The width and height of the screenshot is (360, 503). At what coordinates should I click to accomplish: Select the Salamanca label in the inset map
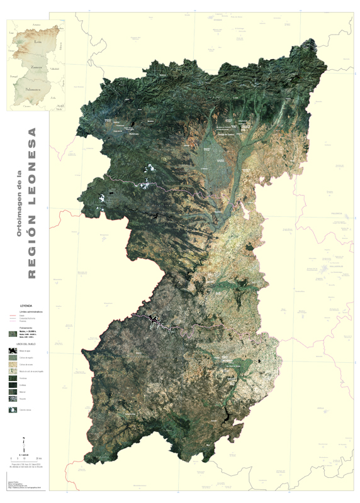pos(32,90)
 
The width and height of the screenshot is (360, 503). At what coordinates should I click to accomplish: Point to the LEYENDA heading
pos(26,306)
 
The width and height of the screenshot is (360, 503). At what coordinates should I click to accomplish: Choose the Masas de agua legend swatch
pos(13,351)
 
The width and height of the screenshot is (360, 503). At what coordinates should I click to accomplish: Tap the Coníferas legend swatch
pos(13,385)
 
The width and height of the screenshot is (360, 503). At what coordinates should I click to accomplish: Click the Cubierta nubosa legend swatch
pos(13,409)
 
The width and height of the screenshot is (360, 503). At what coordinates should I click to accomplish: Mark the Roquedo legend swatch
pos(13,398)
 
